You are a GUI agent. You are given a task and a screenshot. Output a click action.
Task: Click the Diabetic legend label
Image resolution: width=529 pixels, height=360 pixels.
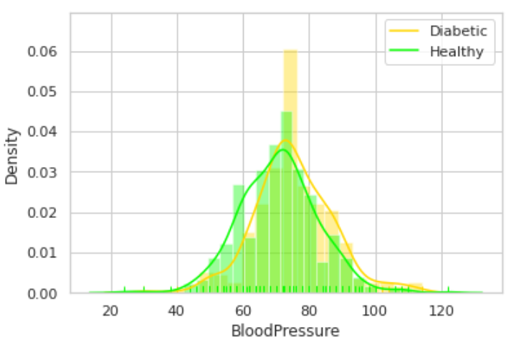[458, 31]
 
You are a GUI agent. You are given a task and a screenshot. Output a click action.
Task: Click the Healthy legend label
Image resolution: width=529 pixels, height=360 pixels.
[457, 51]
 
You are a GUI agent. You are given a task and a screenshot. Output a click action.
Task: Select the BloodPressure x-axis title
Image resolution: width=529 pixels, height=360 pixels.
[285, 332]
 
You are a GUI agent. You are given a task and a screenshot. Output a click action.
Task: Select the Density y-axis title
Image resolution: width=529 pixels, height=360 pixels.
[11, 156]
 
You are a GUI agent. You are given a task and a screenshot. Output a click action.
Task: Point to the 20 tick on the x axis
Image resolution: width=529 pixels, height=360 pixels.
[111, 311]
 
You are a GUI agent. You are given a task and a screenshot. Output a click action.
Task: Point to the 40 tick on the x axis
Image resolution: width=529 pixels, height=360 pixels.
[177, 311]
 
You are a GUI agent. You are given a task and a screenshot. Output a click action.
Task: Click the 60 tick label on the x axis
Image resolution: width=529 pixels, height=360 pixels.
[243, 311]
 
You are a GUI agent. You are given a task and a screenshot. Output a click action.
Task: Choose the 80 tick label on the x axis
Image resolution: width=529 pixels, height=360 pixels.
[309, 311]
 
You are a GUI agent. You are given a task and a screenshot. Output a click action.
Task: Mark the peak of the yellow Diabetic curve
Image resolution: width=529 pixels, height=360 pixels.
[286, 140]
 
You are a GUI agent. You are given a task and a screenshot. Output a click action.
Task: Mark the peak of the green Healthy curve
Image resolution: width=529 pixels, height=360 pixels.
[282, 150]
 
